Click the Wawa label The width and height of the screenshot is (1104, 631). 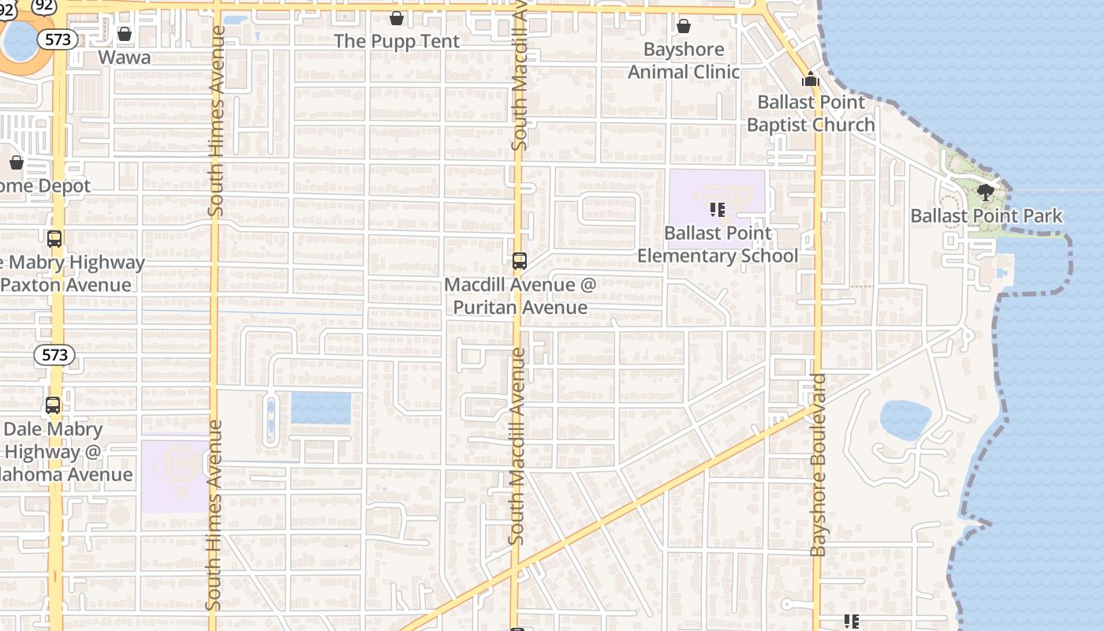124,58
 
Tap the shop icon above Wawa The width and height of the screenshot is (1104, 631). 124,34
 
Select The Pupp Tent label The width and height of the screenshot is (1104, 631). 397,41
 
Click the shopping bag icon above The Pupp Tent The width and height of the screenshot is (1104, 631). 397,18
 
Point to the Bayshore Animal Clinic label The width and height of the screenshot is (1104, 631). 684,61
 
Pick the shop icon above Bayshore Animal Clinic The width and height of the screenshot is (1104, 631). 684,26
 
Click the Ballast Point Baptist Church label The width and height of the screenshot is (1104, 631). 811,114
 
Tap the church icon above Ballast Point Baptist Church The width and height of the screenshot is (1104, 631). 811,79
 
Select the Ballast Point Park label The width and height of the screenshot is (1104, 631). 986,216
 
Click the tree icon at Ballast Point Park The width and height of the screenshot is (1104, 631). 986,192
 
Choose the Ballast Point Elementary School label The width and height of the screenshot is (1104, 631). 718,245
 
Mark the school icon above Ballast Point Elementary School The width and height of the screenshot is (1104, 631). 718,210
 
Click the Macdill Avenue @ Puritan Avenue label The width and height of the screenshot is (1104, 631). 520,296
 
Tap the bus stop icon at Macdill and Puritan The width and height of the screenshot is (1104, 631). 520,261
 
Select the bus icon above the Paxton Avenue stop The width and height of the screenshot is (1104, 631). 54,239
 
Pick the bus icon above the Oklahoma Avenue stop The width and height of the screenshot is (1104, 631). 53,406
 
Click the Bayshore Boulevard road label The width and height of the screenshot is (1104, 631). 819,465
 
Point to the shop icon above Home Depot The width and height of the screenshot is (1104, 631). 17,163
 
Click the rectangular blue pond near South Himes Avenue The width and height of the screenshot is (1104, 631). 321,409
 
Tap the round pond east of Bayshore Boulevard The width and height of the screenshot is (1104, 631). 905,420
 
